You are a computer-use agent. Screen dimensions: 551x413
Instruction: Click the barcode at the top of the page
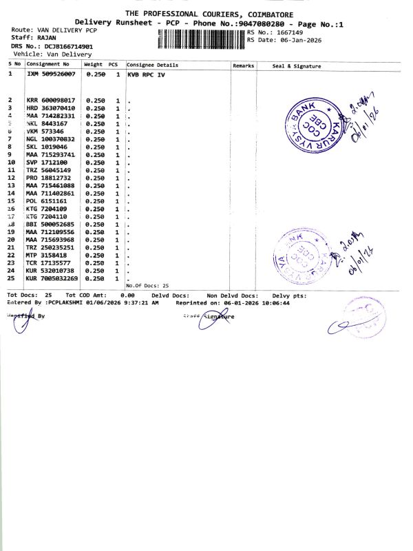201,39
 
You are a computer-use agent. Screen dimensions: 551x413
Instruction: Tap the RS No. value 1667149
288,32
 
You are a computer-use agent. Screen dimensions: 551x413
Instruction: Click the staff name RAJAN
47,38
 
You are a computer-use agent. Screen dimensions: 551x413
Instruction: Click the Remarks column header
244,65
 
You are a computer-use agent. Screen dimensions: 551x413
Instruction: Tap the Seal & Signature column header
297,65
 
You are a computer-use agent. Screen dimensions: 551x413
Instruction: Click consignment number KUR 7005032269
52,278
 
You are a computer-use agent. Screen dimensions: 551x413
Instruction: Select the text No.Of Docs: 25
147,285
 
